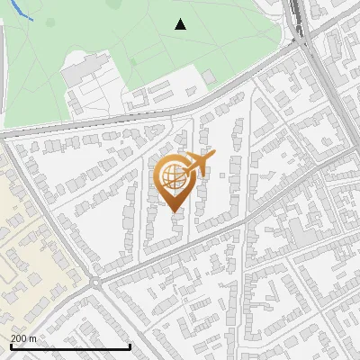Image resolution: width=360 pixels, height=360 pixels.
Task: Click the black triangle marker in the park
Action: point(181,24)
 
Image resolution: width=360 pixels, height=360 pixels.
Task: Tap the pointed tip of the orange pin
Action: point(173,211)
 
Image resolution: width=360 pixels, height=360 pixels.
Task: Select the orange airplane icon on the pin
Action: point(199,163)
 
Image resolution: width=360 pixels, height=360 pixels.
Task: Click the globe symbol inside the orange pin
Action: point(173,178)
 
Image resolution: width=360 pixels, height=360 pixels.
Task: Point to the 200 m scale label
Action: point(23,338)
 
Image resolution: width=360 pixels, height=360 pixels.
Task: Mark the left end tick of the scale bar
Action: point(10,346)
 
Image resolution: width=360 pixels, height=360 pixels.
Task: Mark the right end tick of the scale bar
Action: point(131,346)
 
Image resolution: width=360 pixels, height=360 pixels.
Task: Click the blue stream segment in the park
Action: point(22,13)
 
